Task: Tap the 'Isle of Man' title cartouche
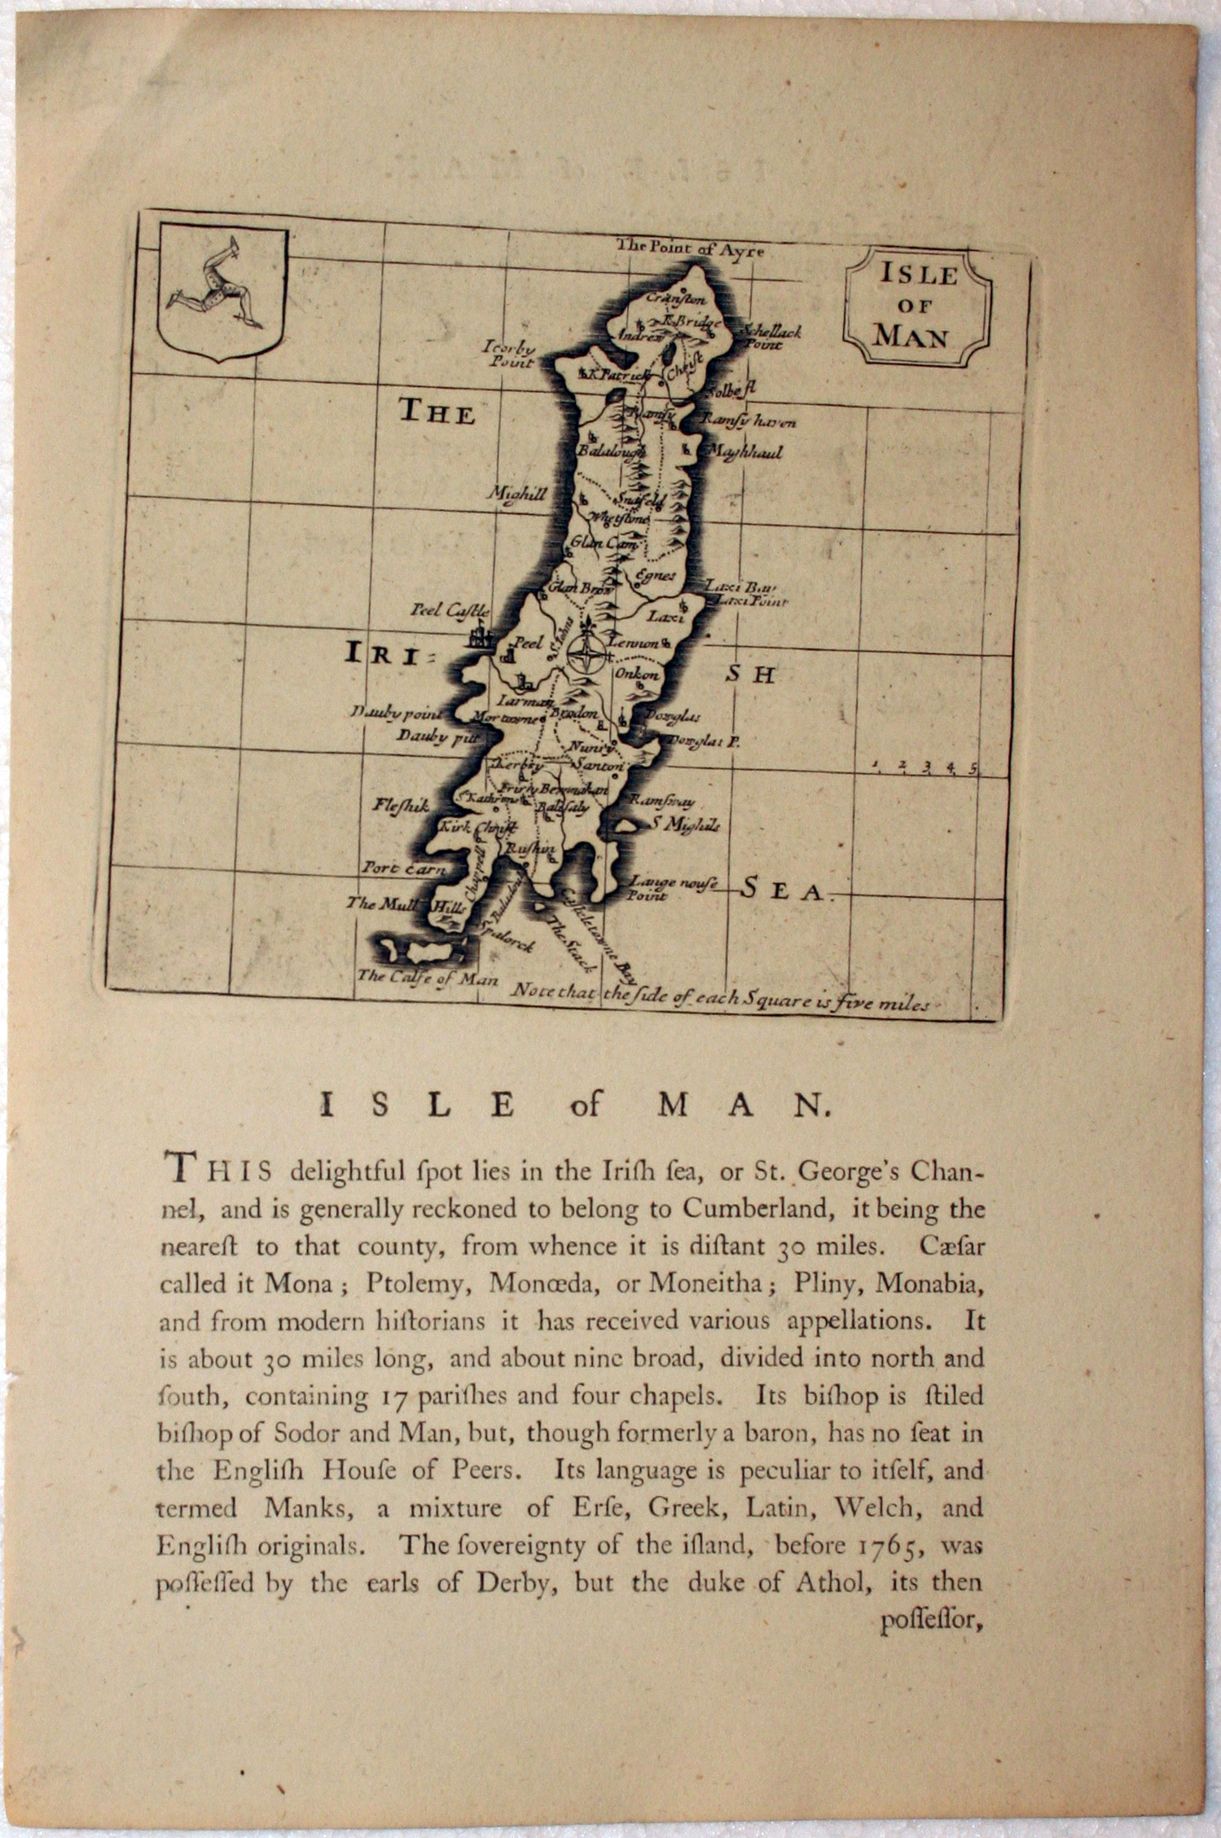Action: tap(916, 306)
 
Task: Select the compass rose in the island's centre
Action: tap(586, 653)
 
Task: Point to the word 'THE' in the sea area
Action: tap(436, 413)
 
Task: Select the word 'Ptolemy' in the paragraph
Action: tap(419, 1284)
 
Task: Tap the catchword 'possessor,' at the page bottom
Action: tap(928, 1622)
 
